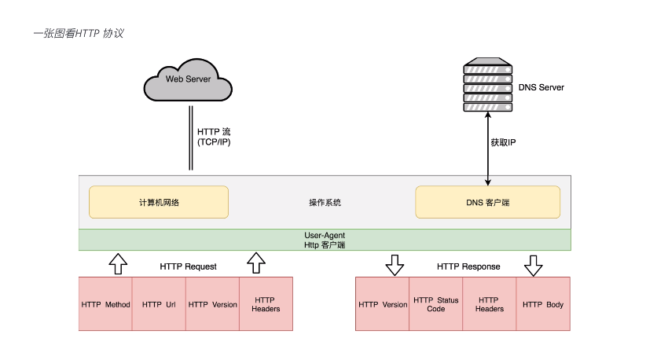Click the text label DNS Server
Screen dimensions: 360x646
click(x=541, y=87)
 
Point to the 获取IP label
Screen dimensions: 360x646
click(x=504, y=143)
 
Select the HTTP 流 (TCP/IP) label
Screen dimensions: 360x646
click(x=213, y=137)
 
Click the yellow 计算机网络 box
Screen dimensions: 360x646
click(x=159, y=202)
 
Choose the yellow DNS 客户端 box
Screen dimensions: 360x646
click(x=487, y=202)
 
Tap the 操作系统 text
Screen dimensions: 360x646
click(x=325, y=202)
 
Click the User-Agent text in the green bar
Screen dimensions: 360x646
click(x=325, y=235)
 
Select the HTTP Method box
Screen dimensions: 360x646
click(x=105, y=304)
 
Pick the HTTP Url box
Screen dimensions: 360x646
click(x=159, y=304)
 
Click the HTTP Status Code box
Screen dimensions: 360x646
click(x=435, y=304)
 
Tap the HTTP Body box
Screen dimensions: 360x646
click(x=543, y=304)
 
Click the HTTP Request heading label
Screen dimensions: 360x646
click(x=188, y=266)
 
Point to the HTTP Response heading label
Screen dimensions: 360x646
click(x=468, y=266)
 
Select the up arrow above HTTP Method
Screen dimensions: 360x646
click(x=117, y=264)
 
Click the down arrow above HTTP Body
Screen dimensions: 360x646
click(x=534, y=266)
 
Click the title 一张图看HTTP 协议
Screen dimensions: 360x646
click(x=79, y=34)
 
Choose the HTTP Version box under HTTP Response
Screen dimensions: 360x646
click(x=383, y=304)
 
